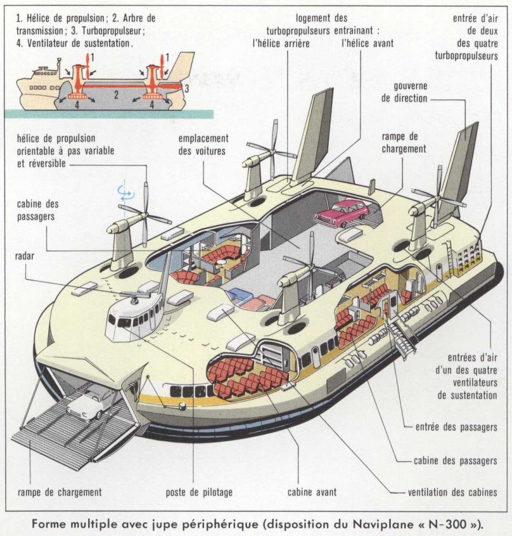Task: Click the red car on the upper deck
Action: tap(342, 212)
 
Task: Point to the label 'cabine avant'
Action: tap(312, 492)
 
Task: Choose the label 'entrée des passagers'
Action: tap(456, 428)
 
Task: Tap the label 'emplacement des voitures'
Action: tap(204, 144)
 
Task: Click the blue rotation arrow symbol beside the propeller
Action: tap(122, 193)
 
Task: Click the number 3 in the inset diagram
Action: tap(186, 87)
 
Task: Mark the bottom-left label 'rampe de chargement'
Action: tap(59, 492)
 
